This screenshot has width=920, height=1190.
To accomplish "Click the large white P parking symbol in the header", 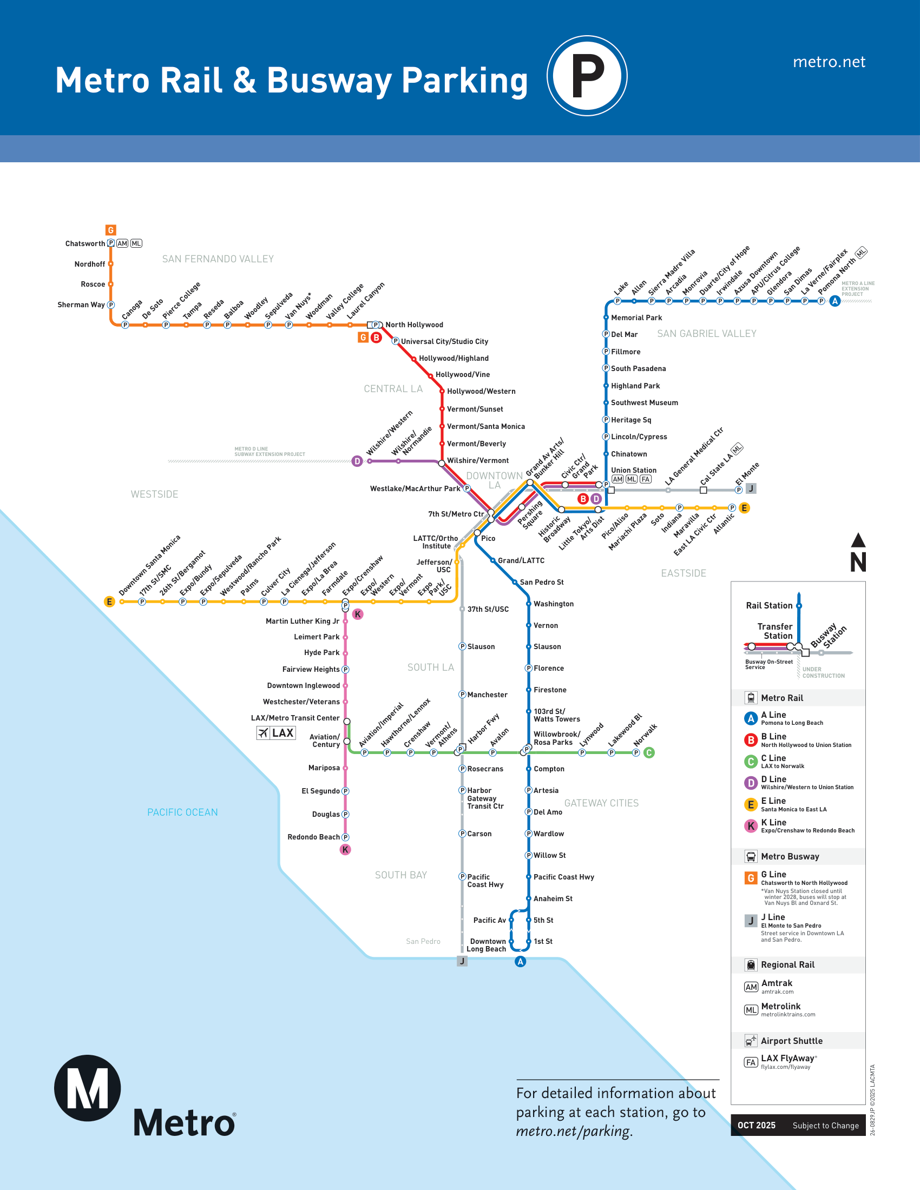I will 587,75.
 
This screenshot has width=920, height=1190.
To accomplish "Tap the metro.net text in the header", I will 829,62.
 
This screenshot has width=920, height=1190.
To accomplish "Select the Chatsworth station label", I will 85,243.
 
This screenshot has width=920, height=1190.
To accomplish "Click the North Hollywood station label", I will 413,325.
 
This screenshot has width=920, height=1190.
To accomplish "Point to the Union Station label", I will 633,470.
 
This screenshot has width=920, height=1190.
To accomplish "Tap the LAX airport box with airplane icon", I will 276,733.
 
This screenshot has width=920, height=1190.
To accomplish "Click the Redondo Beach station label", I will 313,837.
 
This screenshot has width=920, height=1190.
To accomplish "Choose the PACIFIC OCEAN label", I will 182,812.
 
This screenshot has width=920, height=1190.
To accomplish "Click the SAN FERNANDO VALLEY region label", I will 218,259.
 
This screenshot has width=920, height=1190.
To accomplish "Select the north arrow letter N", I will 858,562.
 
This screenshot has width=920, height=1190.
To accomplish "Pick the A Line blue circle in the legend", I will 751,718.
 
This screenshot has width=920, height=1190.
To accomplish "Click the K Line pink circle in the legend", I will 751,826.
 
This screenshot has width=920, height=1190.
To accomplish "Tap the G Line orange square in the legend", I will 751,878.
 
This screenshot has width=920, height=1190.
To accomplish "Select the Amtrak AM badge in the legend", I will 751,987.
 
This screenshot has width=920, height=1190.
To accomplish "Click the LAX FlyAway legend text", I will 787,1058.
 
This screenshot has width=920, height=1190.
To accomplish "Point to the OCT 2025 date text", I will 756,1125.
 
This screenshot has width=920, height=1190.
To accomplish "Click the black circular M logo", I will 87,1088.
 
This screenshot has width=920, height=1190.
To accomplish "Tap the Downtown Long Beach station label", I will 487,945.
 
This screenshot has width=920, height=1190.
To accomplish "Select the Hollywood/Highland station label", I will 454,358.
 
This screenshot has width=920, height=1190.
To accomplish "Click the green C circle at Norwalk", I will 648,752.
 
